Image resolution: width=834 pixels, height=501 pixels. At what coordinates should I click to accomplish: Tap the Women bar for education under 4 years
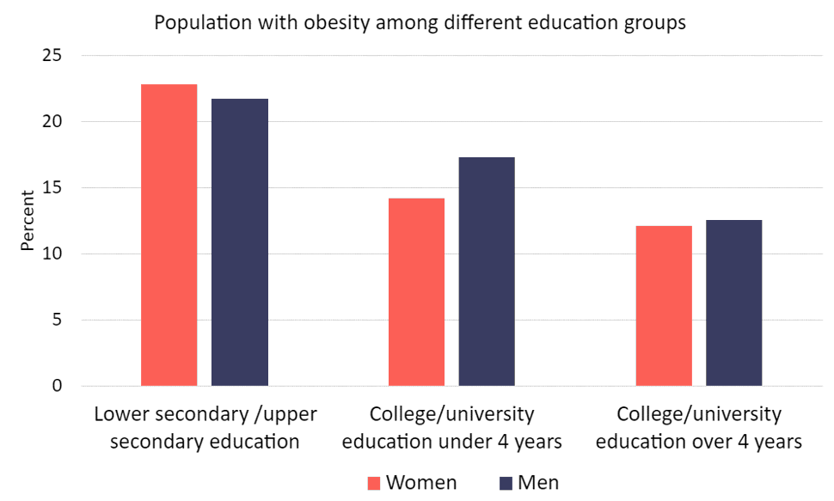pos(416,291)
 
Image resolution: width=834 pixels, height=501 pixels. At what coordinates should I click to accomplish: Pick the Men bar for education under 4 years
pos(487,271)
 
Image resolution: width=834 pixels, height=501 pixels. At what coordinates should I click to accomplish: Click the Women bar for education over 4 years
pos(664,305)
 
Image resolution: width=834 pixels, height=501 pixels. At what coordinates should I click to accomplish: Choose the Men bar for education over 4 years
pos(734,302)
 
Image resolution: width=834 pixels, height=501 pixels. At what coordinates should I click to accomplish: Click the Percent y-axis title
pos(28,221)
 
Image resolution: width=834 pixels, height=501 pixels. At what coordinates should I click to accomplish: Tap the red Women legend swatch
pos(374,483)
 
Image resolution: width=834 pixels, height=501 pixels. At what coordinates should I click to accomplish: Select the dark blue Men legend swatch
pos(506,483)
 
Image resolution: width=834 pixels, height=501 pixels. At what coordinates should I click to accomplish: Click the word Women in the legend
pos(421,482)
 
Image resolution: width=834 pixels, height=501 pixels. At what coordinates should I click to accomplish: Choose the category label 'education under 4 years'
pos(451,443)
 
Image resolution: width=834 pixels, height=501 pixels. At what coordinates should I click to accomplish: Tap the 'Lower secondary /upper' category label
pos(205,414)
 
